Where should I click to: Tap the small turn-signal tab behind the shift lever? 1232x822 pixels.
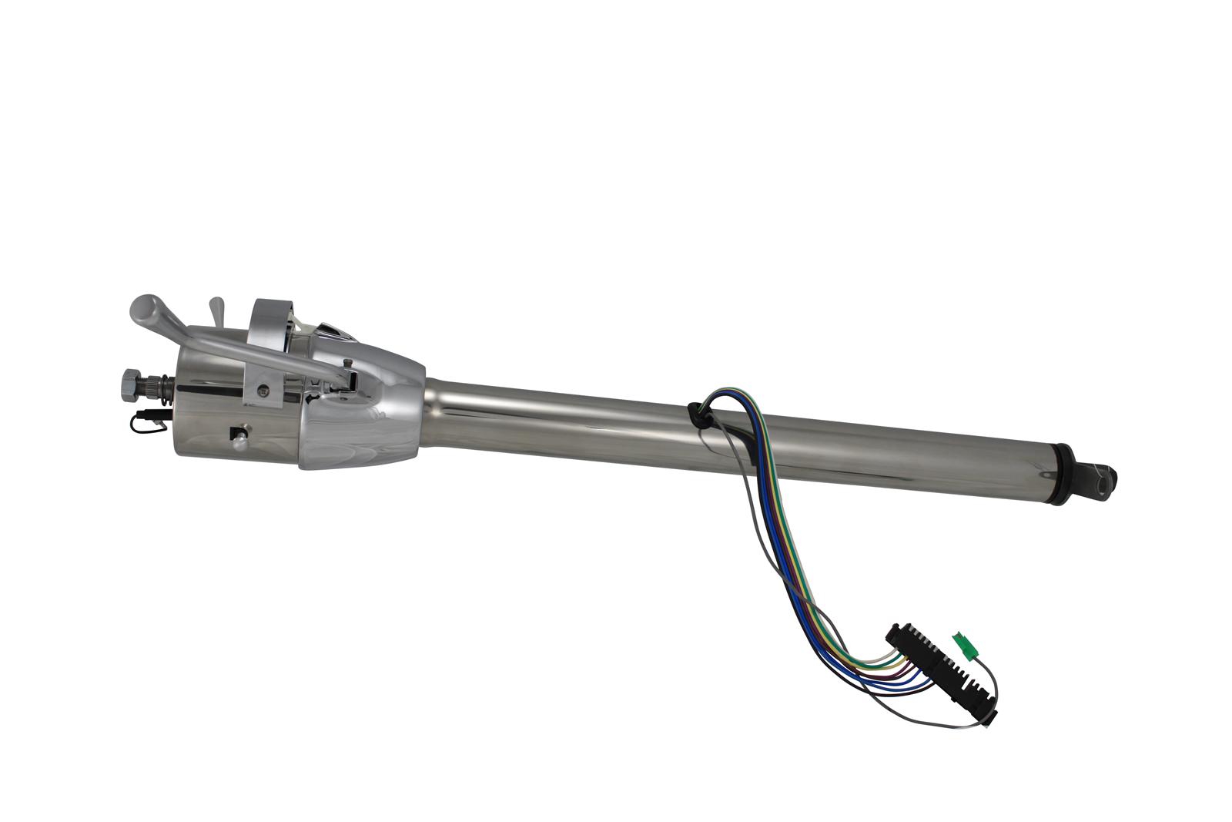point(217,308)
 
